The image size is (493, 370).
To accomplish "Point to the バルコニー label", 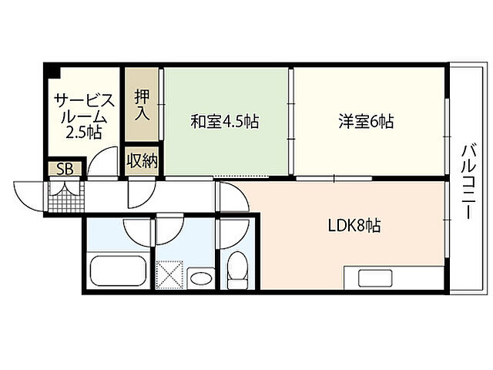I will pyautogui.click(x=468, y=183).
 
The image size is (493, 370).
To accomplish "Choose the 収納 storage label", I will pyautogui.click(x=143, y=161).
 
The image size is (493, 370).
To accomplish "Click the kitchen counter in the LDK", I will pyautogui.click(x=393, y=277).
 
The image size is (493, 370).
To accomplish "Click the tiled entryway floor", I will pyautogui.click(x=65, y=198).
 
